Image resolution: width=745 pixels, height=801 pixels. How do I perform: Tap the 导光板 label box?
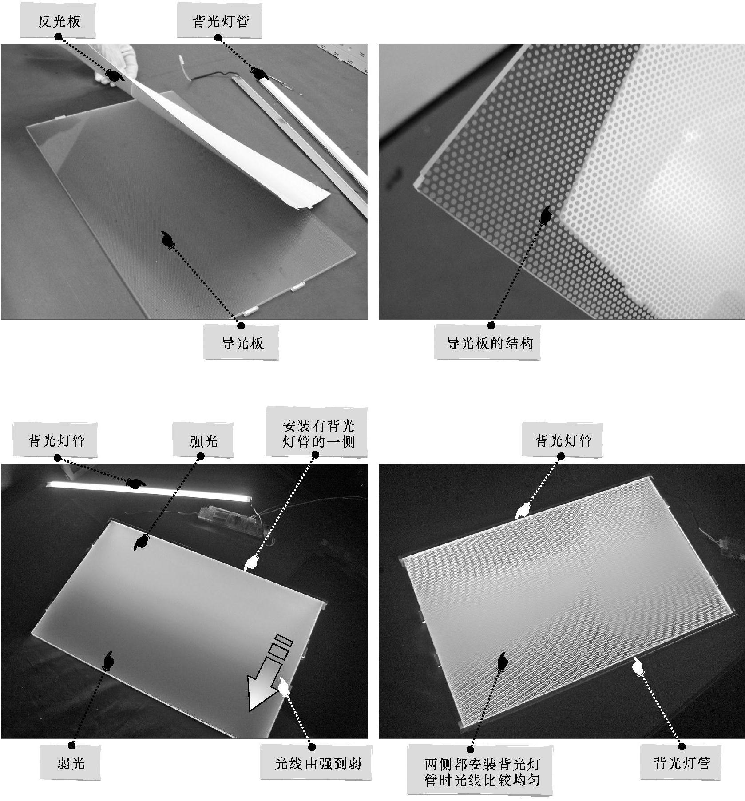242,342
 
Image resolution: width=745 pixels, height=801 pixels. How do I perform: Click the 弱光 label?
70,763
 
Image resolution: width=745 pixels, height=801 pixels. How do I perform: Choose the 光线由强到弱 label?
316,763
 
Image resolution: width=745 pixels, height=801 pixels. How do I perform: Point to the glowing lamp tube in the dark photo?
147,492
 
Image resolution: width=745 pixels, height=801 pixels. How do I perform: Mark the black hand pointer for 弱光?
107,660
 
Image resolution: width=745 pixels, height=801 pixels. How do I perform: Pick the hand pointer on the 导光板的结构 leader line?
546,214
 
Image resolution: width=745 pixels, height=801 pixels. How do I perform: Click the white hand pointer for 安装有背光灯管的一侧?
252,562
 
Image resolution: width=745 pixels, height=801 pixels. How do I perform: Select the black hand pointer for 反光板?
115,76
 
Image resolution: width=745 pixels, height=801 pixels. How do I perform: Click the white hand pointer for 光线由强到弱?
284,687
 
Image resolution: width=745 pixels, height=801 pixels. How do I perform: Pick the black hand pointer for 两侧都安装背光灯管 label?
502,661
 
